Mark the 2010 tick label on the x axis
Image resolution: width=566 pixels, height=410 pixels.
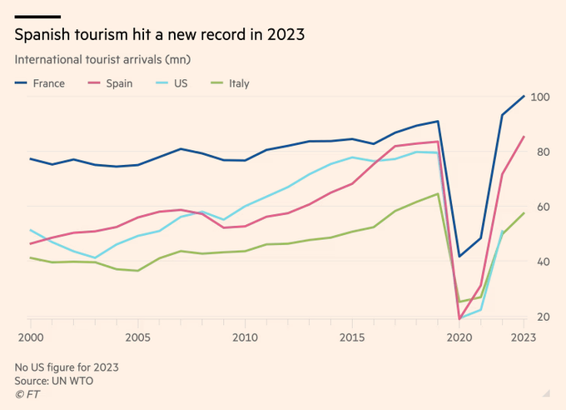245,338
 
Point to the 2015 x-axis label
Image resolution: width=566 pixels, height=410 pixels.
352,338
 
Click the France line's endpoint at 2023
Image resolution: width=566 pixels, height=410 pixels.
524,97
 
